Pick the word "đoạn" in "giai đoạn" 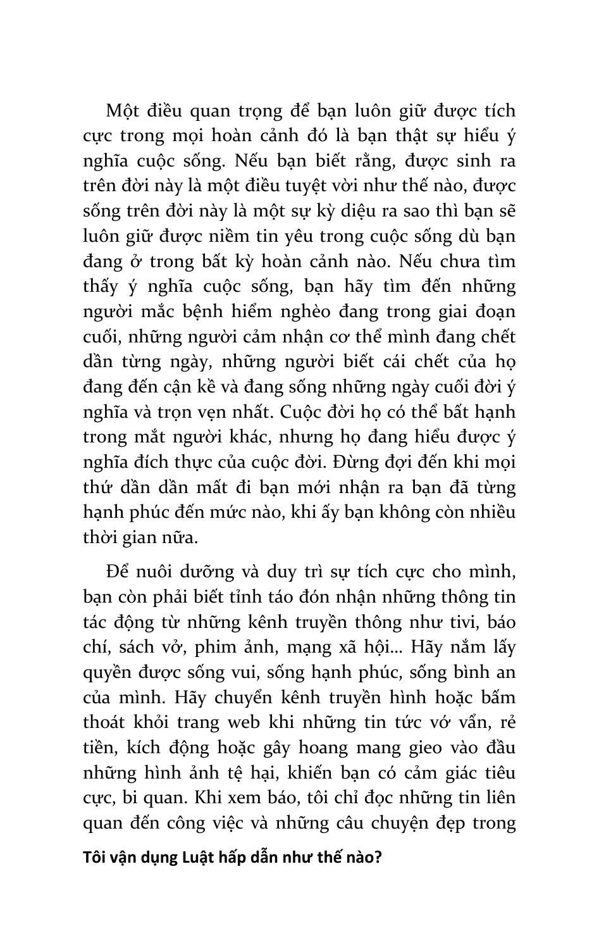click(493, 311)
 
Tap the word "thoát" click(106, 722)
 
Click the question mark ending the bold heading click(378, 858)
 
